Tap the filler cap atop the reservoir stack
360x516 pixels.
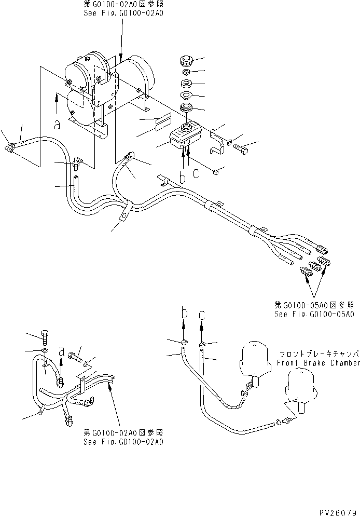point(184,61)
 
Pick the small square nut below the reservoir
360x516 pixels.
point(214,171)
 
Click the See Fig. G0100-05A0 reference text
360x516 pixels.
point(314,315)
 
